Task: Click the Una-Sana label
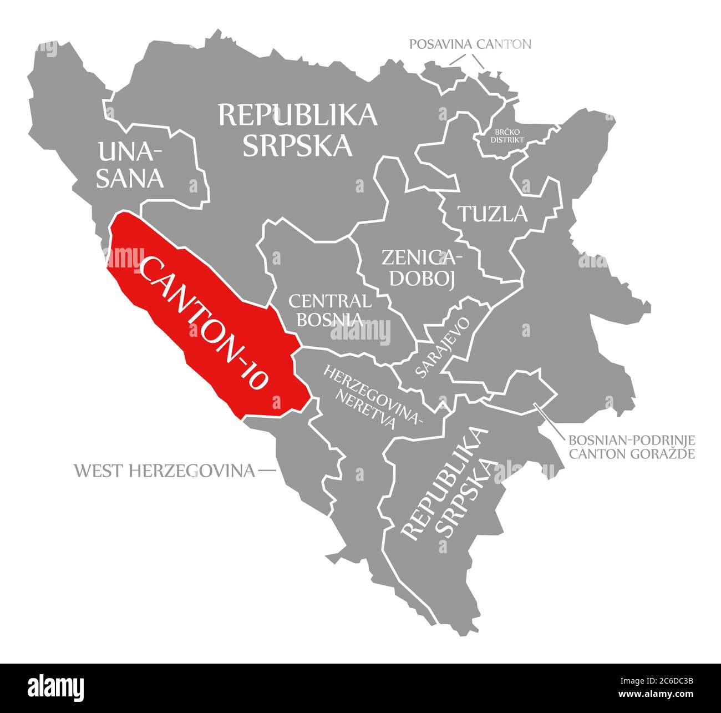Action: [x=130, y=165]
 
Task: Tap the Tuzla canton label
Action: [x=492, y=214]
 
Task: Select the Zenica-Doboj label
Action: [x=422, y=267]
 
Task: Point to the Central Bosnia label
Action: [x=330, y=310]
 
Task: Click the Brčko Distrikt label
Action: [x=507, y=136]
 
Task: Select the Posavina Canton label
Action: [x=470, y=44]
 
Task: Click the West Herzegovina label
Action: [x=164, y=471]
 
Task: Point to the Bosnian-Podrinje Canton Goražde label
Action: [x=631, y=447]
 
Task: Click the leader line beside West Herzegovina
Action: [x=267, y=471]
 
